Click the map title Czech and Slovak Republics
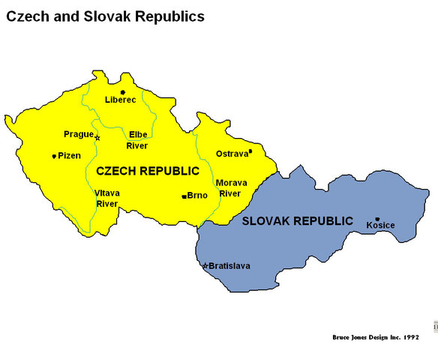coord(105,16)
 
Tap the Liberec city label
coord(121,100)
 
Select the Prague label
coord(79,134)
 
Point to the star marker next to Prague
coord(97,137)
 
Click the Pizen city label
coord(69,156)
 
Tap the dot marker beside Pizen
coord(53,157)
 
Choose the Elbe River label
coord(137,140)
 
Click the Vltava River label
coord(107,198)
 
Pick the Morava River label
coord(229,187)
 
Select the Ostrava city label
coord(231,154)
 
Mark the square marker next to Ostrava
coord(250,151)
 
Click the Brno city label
coord(197,196)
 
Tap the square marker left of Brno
coord(184,196)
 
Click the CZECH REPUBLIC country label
coord(148,171)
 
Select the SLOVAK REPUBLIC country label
coord(297,221)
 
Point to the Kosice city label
coord(380,225)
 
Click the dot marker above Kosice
coord(377,219)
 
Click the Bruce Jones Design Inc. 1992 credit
coord(376,337)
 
